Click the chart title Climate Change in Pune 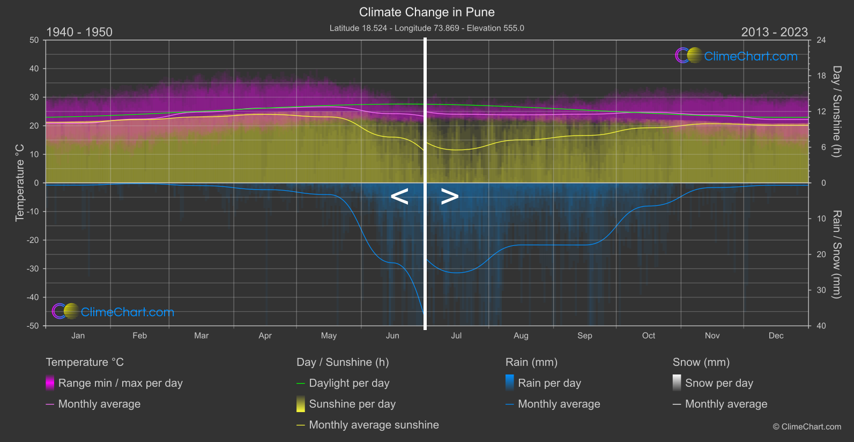427,12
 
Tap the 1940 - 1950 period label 79,32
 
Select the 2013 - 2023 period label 774,32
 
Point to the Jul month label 456,335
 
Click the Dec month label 776,335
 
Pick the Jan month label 78,335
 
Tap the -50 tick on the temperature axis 33,326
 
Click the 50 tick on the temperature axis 34,40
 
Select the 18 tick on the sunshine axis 821,76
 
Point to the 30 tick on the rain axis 821,290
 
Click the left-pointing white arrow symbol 399,197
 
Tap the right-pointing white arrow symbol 450,197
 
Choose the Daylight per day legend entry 349,383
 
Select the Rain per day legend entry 549,383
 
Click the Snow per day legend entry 718,383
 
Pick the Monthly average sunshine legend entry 374,425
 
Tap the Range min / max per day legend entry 120,383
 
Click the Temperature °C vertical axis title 20,183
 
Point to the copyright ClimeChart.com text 807,427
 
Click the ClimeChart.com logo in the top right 737,56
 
